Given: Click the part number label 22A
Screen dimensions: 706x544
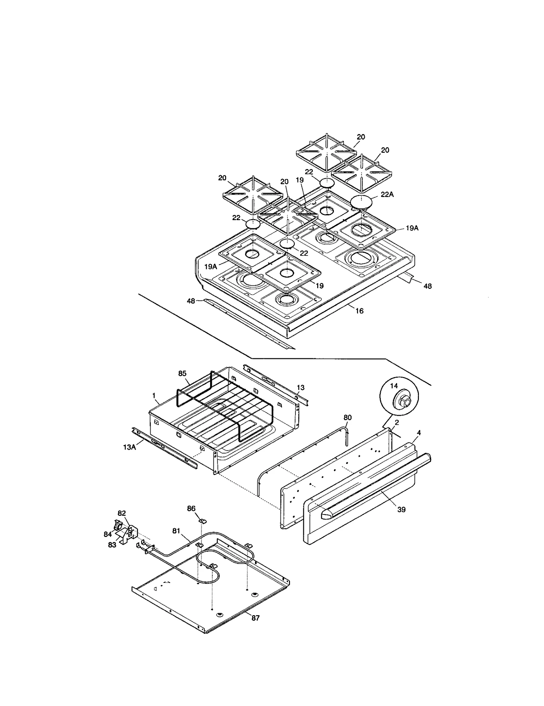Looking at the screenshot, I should tap(388, 194).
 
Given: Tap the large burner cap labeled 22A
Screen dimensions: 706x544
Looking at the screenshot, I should tap(361, 202).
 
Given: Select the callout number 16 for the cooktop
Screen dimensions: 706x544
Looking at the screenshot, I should tap(359, 311).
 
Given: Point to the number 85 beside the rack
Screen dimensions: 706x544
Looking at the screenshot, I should tap(182, 373).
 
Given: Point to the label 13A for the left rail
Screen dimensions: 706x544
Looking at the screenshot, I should tap(129, 447).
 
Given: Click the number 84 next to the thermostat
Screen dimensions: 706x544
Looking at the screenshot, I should tap(108, 534).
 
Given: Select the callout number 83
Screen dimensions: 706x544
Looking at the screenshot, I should tap(112, 545).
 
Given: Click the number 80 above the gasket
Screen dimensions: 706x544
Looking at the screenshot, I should tap(347, 417).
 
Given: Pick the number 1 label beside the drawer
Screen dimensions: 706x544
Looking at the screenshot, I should tap(154, 395).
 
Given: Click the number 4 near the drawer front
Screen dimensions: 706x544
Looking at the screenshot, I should tap(419, 433).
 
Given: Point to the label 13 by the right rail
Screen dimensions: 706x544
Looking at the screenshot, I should tap(301, 388).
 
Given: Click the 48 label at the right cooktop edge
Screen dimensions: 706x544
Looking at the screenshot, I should tap(428, 286).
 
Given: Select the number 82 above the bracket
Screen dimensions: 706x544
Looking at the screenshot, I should tap(122, 513).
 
